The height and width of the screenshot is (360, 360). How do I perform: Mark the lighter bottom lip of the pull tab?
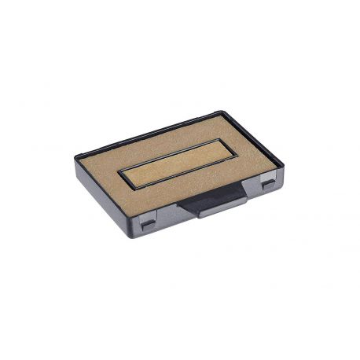(206, 213)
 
